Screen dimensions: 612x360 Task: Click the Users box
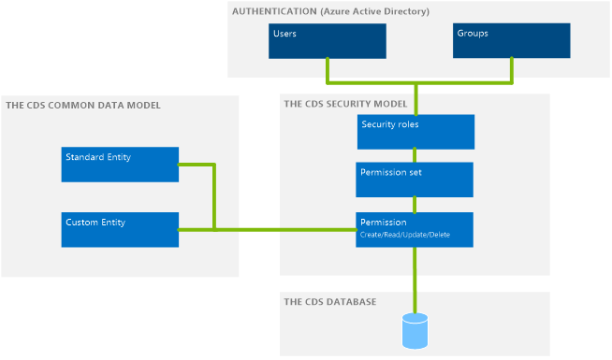click(x=328, y=41)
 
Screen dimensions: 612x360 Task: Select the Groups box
click(x=511, y=40)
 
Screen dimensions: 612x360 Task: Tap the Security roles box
click(x=415, y=132)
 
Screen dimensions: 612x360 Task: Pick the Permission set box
click(x=415, y=180)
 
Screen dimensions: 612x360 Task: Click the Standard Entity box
click(x=120, y=165)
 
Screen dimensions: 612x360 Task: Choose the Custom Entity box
click(x=120, y=230)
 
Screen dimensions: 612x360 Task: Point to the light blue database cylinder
click(x=415, y=331)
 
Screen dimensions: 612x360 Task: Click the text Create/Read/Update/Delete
click(x=405, y=235)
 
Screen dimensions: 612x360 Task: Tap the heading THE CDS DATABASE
click(x=330, y=302)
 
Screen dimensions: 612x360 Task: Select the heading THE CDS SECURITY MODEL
click(x=345, y=104)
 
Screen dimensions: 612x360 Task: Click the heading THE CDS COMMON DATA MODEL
click(x=83, y=106)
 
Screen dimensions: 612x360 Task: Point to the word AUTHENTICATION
click(x=274, y=11)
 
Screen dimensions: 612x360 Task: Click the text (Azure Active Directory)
click(x=374, y=12)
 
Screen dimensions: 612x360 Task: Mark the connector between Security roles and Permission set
click(x=415, y=155)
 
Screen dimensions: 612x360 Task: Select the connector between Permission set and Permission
click(x=415, y=205)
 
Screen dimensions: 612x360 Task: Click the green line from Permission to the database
click(x=415, y=280)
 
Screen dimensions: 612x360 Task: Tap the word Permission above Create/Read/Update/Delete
click(x=384, y=223)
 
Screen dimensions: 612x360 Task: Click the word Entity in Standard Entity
click(x=119, y=157)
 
